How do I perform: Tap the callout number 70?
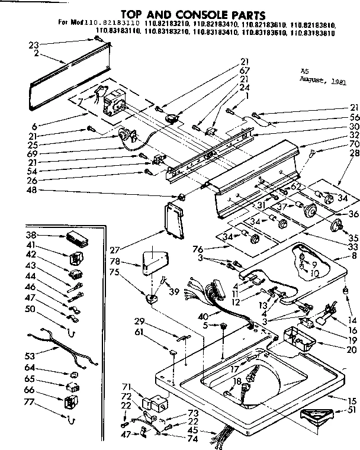(354, 143)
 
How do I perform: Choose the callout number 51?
(354, 410)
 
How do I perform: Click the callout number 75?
(131, 273)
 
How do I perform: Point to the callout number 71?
(127, 386)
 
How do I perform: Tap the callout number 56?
(354, 117)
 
